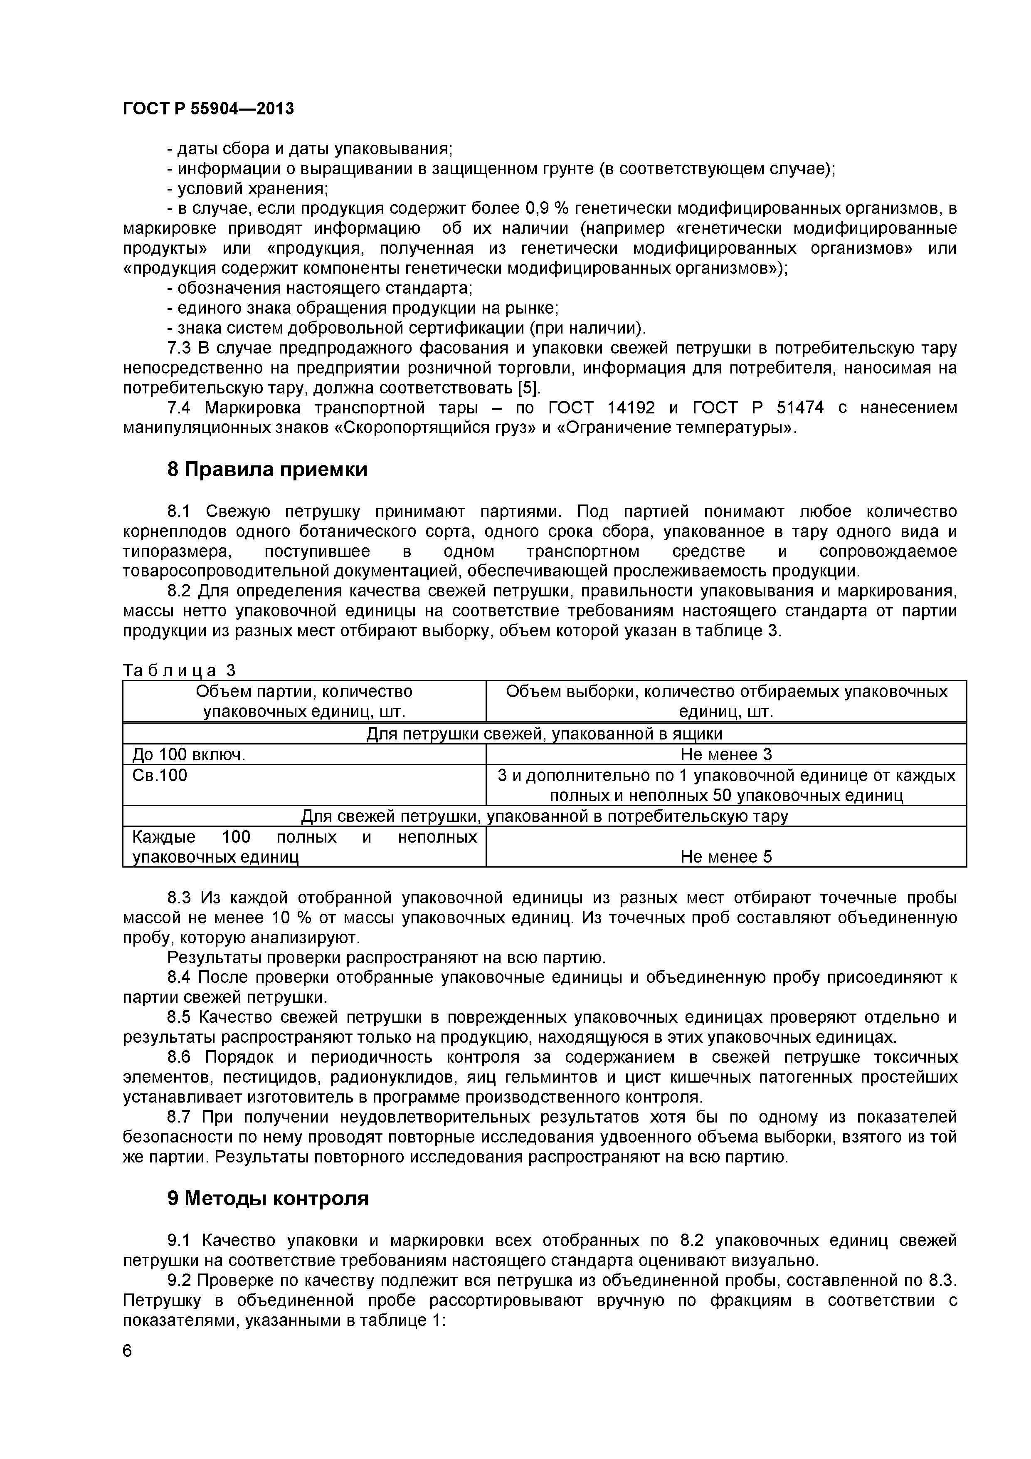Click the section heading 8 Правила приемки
(x=267, y=470)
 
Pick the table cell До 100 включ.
(x=189, y=754)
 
